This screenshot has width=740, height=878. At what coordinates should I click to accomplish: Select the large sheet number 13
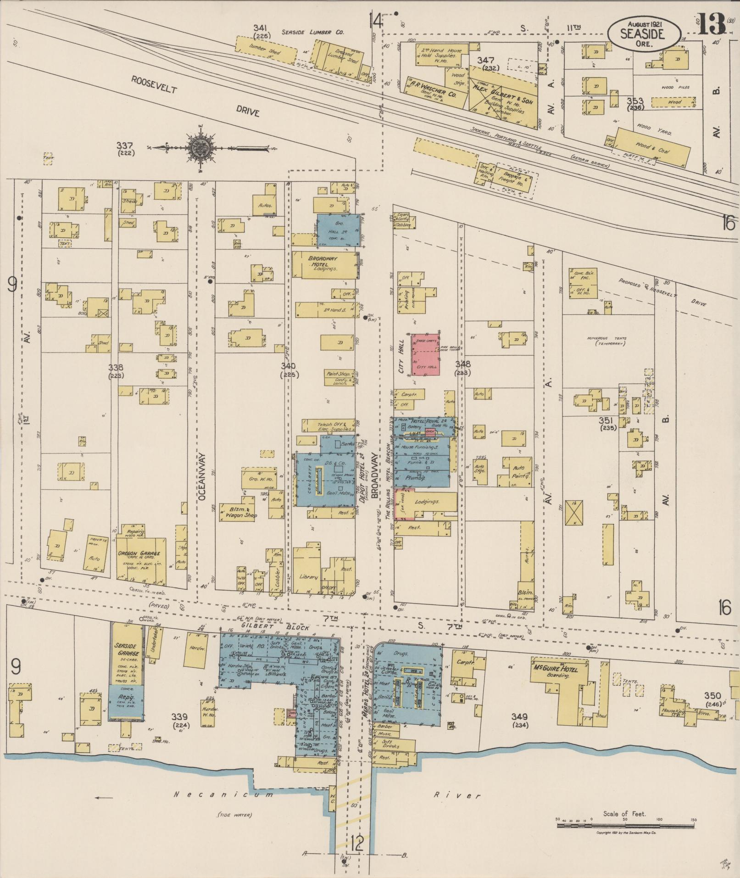712,24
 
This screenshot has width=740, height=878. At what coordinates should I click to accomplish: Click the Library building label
308,576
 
